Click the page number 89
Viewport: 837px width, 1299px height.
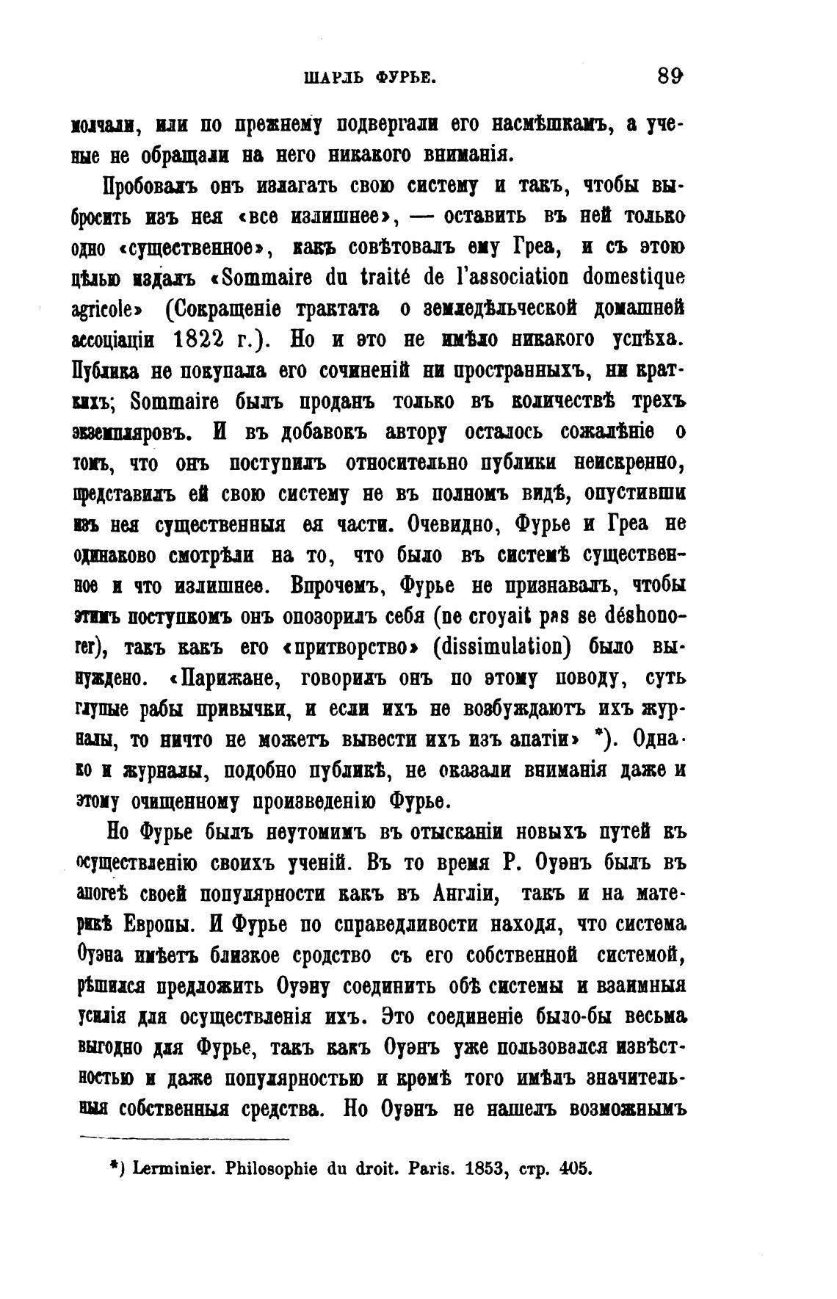671,76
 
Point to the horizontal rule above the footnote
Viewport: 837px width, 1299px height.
184,1138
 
